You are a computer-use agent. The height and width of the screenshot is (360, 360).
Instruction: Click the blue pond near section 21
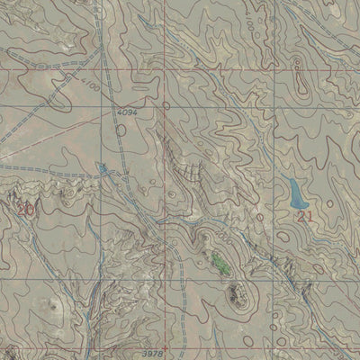[x=295, y=191]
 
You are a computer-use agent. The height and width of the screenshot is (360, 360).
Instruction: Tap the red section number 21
[x=305, y=216]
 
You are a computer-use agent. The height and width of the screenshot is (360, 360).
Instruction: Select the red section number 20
[x=24, y=209]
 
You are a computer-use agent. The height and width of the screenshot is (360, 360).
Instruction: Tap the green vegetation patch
[x=219, y=263]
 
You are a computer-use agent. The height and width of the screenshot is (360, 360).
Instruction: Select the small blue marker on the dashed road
[x=105, y=167]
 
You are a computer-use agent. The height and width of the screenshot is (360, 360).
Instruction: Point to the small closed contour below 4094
[x=121, y=130]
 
